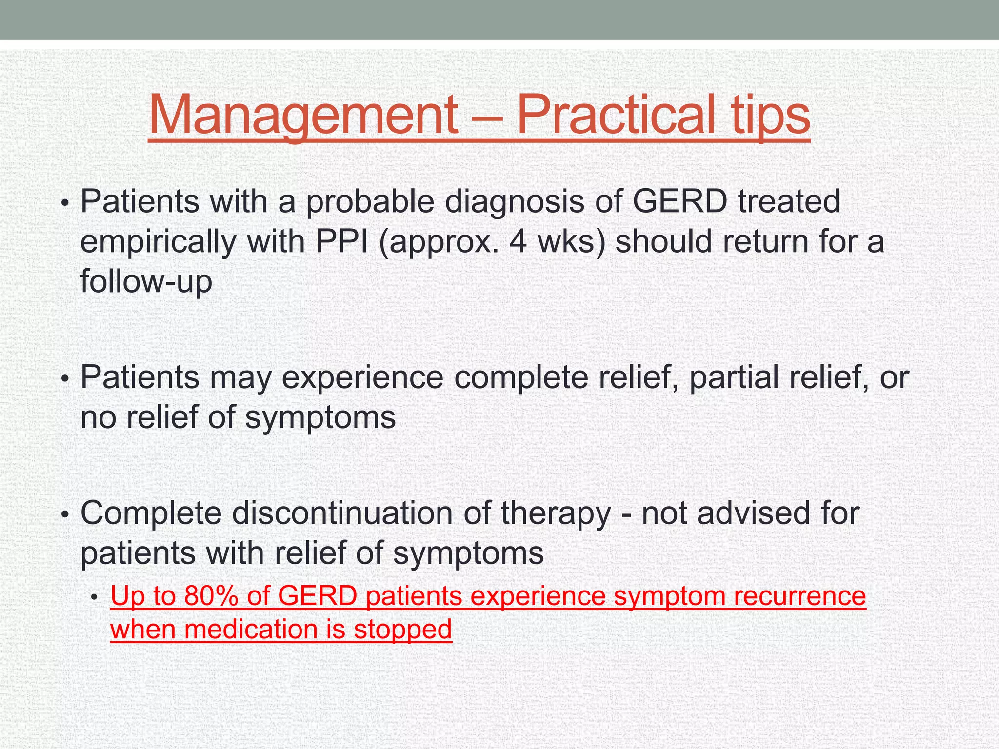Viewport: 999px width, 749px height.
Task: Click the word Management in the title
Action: [302, 115]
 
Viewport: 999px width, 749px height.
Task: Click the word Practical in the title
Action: [614, 115]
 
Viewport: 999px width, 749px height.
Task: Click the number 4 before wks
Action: [518, 241]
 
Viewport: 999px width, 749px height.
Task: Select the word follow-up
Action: [146, 282]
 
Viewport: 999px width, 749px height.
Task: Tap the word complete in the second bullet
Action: [521, 377]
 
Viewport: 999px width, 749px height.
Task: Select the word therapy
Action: [556, 514]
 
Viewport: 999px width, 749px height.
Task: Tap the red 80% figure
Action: [211, 596]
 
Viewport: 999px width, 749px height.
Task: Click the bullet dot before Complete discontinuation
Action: [65, 515]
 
